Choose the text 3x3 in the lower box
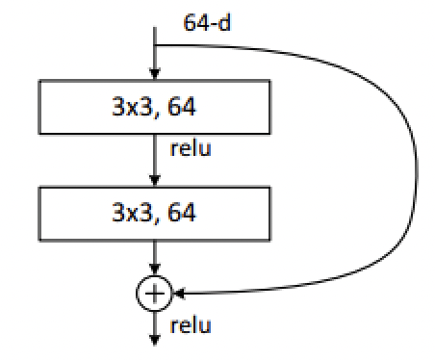coord(127,213)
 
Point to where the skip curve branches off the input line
coord(154,44)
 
